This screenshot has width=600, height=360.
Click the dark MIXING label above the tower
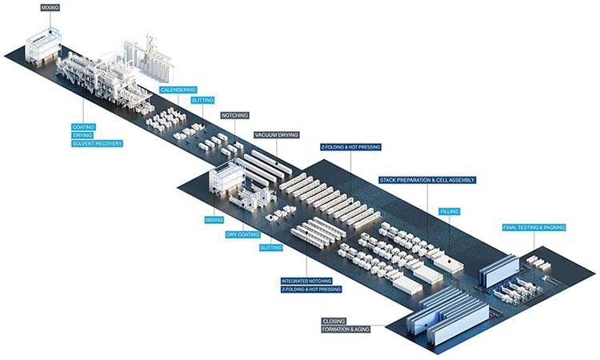49,7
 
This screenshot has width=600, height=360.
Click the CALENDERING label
177,90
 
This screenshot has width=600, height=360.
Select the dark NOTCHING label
235,116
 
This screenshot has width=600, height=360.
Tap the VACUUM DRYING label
276,135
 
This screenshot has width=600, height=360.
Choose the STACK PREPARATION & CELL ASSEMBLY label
428,180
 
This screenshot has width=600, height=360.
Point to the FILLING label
449,212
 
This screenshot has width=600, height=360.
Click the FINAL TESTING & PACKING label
534,228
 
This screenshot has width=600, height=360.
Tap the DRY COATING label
242,235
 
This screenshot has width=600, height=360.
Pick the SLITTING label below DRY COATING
271,249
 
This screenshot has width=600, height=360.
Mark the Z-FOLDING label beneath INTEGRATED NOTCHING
311,290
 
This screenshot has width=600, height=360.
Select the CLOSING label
334,320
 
